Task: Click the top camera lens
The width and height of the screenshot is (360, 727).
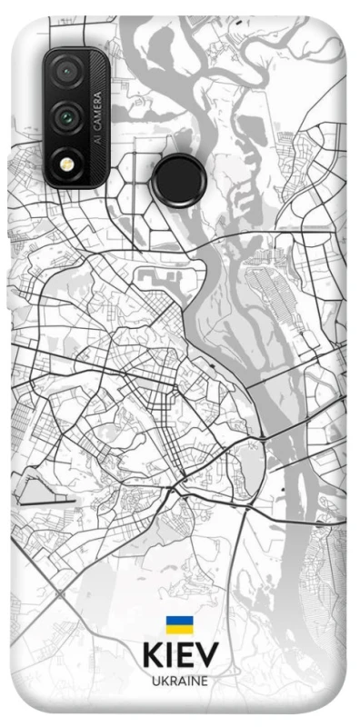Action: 65,72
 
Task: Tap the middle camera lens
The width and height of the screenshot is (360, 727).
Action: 65,116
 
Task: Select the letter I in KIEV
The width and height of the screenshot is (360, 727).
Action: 168,656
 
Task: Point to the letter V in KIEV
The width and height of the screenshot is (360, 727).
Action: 208,656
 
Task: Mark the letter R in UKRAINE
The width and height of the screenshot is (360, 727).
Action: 170,680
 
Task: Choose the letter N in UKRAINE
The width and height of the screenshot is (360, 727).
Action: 195,680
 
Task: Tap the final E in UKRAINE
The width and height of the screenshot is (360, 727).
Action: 205,680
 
